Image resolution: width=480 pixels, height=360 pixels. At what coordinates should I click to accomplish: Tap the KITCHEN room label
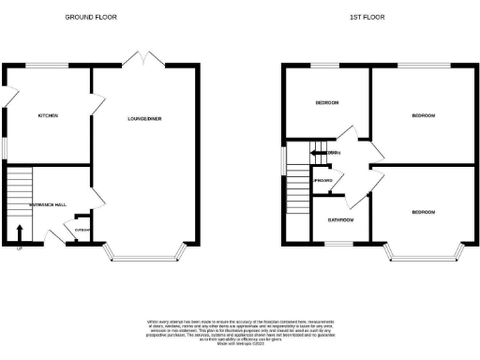(48, 115)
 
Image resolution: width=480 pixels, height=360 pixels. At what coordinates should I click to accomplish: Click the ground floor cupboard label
(82, 231)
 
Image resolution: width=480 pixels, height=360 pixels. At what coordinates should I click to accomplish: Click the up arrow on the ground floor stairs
(20, 232)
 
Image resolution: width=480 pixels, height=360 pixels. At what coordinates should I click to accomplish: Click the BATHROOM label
(340, 220)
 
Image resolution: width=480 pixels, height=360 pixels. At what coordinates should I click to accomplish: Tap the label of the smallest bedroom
(326, 101)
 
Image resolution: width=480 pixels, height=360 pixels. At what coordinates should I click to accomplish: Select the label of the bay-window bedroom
(423, 213)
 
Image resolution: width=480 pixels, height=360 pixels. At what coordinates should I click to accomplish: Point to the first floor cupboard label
(324, 179)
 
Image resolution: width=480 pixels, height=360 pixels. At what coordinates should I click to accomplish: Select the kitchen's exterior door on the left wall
(6, 96)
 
